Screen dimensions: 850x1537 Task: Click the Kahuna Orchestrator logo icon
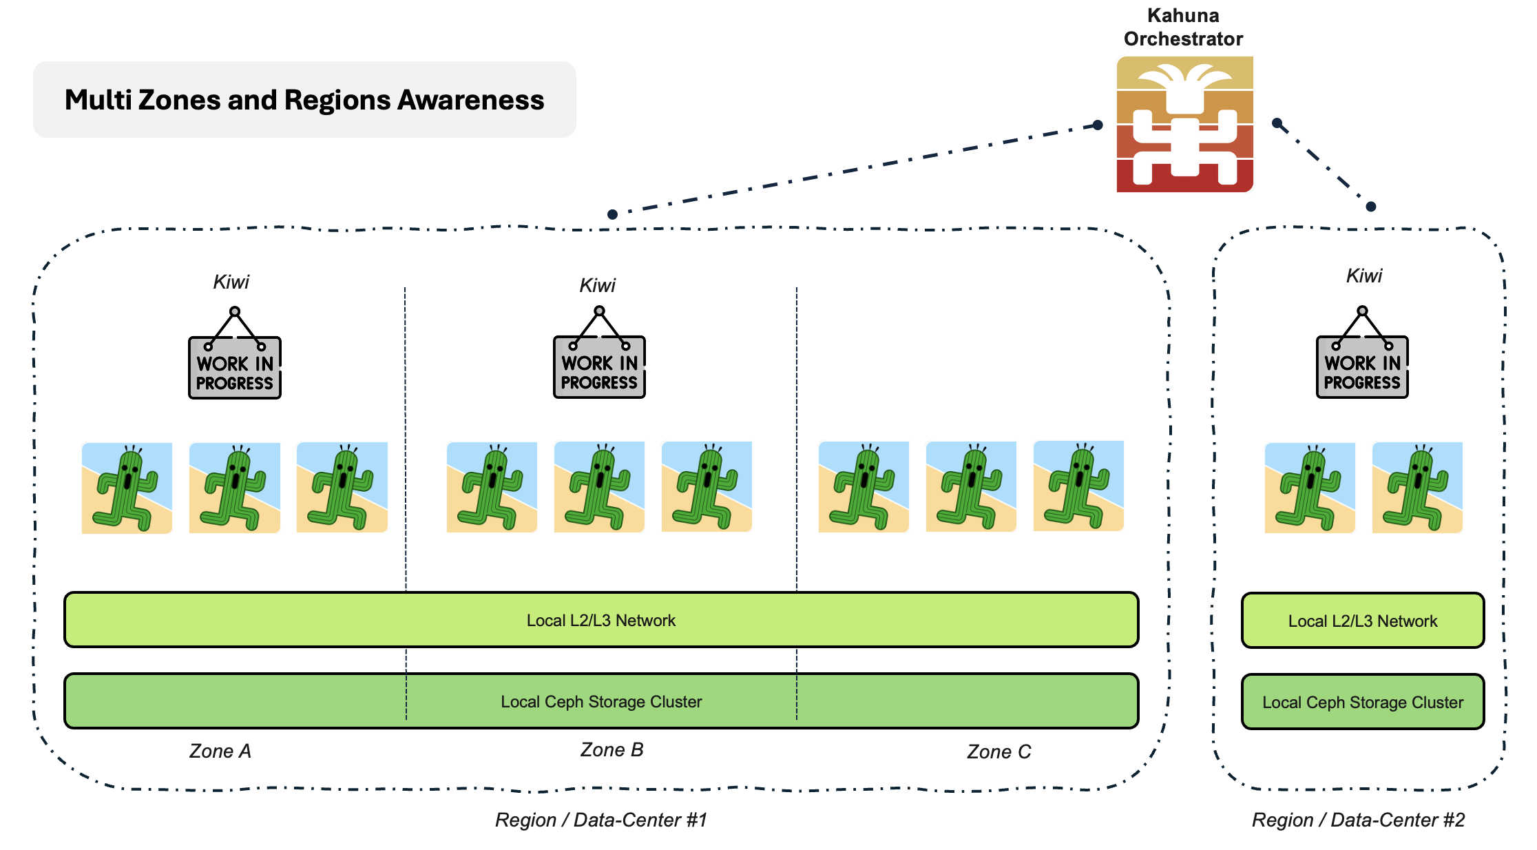click(x=1184, y=124)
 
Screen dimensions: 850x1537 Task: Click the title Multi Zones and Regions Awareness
click(x=304, y=100)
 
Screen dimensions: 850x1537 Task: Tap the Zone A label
click(x=220, y=751)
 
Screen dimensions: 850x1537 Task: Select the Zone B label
click(x=611, y=749)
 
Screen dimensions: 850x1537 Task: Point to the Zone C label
click(x=999, y=751)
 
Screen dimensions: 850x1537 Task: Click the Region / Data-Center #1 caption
click(x=601, y=820)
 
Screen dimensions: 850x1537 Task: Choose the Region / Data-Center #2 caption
click(x=1358, y=820)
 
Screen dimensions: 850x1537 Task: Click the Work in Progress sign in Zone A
click(x=235, y=366)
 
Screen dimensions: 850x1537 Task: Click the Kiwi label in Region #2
click(x=1363, y=276)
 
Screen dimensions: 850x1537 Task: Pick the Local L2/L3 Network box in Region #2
click(x=1363, y=621)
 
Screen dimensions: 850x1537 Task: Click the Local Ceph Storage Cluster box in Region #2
click(x=1363, y=702)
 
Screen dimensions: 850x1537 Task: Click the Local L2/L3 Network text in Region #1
click(x=601, y=621)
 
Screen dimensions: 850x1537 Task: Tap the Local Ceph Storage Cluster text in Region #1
click(x=601, y=702)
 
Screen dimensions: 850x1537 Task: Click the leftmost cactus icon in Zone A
click(x=127, y=488)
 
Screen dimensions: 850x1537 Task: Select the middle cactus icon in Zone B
click(x=599, y=487)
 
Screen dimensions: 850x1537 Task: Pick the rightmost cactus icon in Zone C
click(x=1078, y=486)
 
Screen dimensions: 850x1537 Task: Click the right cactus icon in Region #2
click(x=1417, y=488)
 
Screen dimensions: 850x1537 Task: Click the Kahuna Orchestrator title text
click(x=1183, y=27)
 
